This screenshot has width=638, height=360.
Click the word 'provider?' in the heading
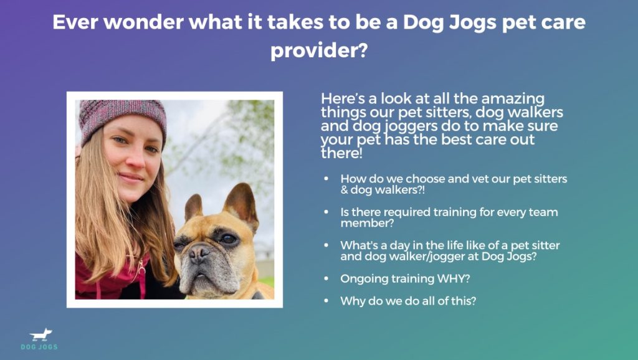tap(319, 51)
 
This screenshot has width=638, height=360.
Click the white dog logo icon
tap(40, 335)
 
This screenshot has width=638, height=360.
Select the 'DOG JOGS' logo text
tap(39, 347)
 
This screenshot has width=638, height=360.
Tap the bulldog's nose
tap(199, 253)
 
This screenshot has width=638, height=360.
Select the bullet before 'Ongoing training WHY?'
tap(326, 278)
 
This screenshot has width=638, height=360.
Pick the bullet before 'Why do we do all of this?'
tap(326, 301)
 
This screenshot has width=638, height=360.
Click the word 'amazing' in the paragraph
tap(513, 99)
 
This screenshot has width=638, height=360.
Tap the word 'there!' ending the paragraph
tap(341, 153)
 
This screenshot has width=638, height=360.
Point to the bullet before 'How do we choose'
tap(326, 179)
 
